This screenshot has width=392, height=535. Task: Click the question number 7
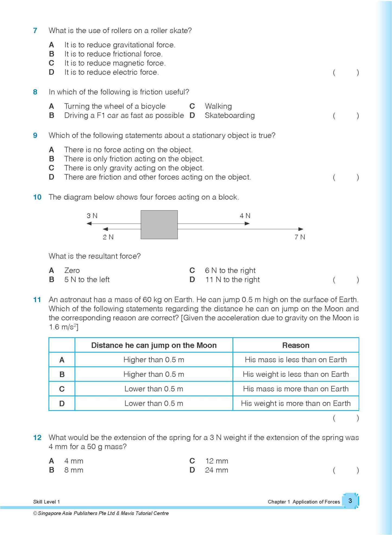pos(35,31)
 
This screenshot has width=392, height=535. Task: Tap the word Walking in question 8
pos(218,106)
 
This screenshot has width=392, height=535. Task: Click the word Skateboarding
pos(230,115)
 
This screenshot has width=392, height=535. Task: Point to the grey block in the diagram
pos(159,225)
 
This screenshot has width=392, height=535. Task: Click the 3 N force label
pos(92,216)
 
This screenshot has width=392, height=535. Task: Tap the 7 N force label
pos(300,237)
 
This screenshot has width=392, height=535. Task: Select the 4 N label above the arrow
pos(245,216)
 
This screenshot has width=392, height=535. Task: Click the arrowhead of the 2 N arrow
pos(106,229)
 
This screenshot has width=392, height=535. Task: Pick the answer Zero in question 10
pos(72,270)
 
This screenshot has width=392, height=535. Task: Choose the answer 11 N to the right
pos(232,280)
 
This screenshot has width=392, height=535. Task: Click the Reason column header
pos(296,345)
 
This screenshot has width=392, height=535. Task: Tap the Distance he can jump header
pos(154,345)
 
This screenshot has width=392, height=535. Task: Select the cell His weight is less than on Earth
pos(296,374)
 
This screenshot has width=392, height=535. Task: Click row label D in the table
pos(62,403)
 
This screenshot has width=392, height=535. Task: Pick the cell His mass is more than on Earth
pos(296,389)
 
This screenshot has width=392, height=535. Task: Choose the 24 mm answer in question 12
pos(216,470)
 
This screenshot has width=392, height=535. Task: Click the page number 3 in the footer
pos(350,501)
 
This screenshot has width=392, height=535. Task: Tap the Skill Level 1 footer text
pos(46,502)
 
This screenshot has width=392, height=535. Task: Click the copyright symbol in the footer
pos(35,513)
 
